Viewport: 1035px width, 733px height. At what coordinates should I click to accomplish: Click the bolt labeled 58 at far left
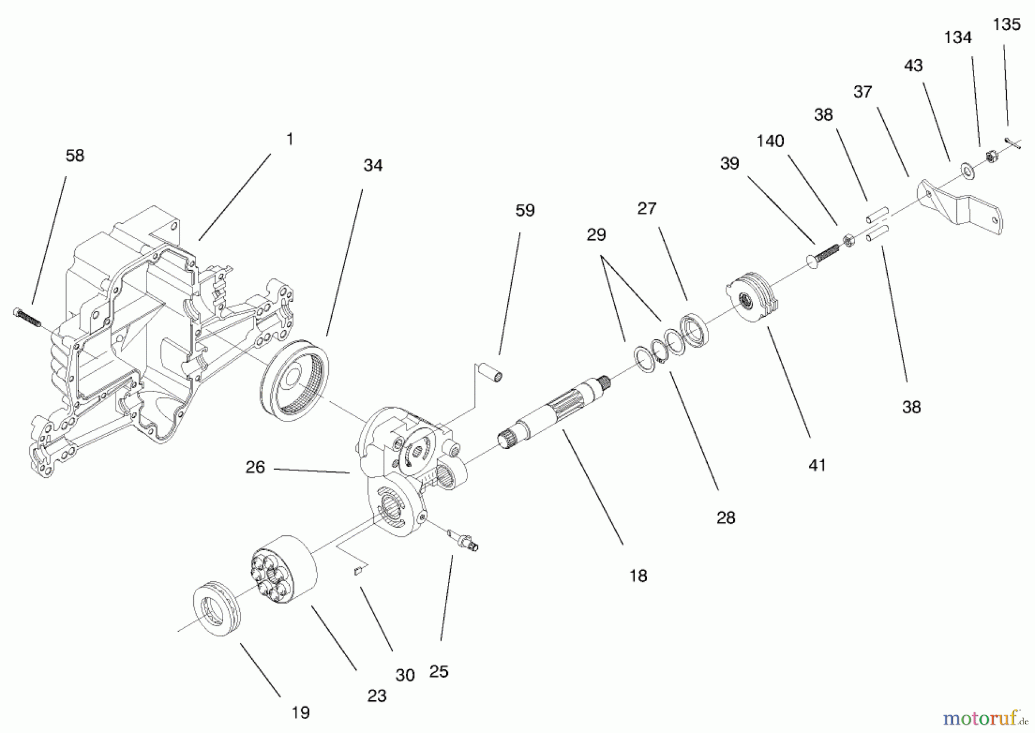pyautogui.click(x=26, y=317)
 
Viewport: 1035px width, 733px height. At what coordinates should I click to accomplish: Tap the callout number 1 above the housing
pyautogui.click(x=290, y=139)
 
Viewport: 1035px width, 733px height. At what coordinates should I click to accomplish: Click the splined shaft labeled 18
pyautogui.click(x=552, y=410)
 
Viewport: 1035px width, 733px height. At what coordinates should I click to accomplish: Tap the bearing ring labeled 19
pyautogui.click(x=216, y=608)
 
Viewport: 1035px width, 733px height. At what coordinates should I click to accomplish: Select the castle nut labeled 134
pyautogui.click(x=990, y=156)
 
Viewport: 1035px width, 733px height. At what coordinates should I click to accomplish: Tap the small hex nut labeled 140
pyautogui.click(x=848, y=240)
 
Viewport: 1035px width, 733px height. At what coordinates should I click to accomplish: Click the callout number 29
pyautogui.click(x=596, y=235)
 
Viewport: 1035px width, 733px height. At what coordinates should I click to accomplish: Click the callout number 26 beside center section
pyautogui.click(x=255, y=467)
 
